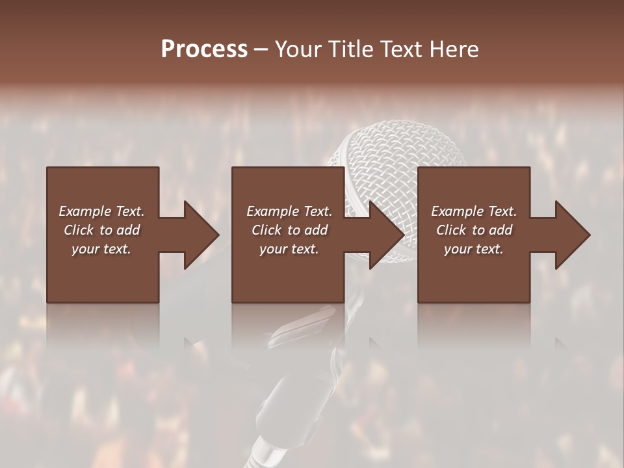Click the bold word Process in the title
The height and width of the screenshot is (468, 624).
click(x=204, y=49)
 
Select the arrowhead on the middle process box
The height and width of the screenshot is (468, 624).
click(x=386, y=235)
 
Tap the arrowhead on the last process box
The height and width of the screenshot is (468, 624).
click(x=572, y=235)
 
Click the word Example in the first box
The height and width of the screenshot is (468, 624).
click(x=84, y=211)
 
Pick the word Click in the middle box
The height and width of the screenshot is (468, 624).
click(x=266, y=230)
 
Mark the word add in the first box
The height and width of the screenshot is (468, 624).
click(x=128, y=230)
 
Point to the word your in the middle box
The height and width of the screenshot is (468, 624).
click(x=273, y=249)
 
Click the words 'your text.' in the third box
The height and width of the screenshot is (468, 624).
click(x=473, y=249)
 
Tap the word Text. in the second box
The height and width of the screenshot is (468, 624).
click(x=317, y=211)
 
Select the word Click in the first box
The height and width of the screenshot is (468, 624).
click(x=78, y=230)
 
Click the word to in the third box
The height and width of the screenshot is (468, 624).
click(x=478, y=230)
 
